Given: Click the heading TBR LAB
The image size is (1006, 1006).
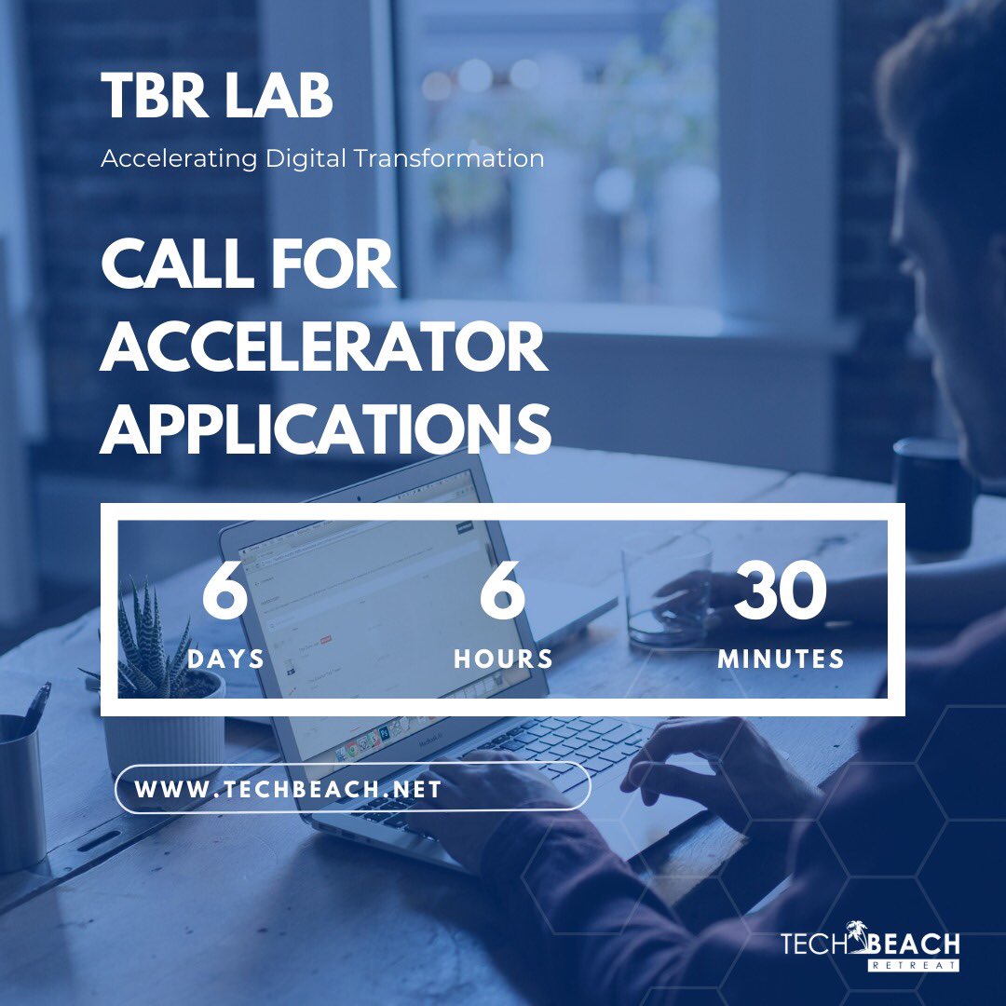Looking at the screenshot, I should [216, 97].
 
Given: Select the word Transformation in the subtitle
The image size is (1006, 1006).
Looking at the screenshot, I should [449, 159].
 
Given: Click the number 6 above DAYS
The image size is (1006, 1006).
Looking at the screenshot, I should [224, 593].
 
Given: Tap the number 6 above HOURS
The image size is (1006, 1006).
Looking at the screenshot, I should [503, 593].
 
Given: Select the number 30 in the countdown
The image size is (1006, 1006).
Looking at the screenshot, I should [781, 593].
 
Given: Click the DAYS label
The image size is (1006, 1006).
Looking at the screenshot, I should [225, 659].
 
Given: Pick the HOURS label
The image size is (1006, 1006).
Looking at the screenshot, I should [503, 659].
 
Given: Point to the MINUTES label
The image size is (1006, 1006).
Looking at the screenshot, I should [781, 659].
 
